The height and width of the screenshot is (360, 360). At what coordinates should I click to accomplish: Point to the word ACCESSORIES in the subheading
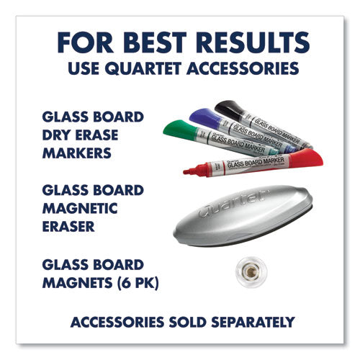(x=246, y=69)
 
